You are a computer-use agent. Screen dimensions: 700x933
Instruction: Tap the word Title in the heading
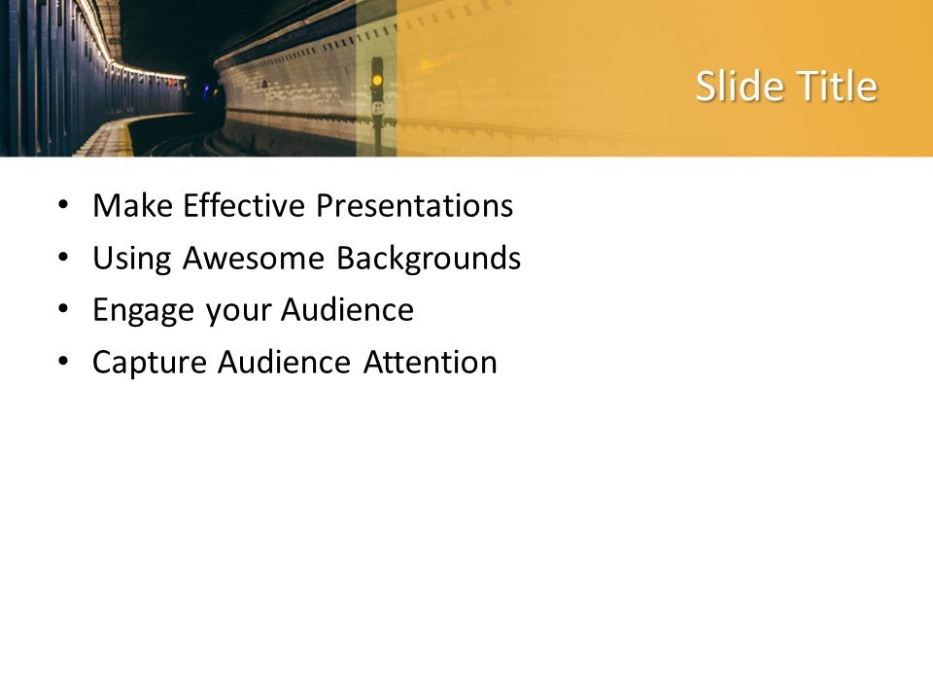pyautogui.click(x=838, y=87)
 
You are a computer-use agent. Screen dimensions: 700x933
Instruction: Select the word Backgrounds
pyautogui.click(x=429, y=259)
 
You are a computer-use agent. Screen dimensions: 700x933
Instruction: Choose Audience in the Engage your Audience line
pyautogui.click(x=347, y=311)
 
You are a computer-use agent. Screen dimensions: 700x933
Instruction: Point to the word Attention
pyautogui.click(x=431, y=363)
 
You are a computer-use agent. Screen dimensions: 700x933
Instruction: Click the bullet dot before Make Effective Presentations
pyautogui.click(x=63, y=206)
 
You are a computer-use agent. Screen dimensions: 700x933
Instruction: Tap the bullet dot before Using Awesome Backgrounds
pyautogui.click(x=63, y=259)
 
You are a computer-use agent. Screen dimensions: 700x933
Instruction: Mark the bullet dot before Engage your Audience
pyautogui.click(x=63, y=311)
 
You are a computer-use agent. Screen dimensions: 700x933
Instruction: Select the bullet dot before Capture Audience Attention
pyautogui.click(x=63, y=363)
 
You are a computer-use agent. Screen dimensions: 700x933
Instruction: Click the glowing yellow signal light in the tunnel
pyautogui.click(x=377, y=77)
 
